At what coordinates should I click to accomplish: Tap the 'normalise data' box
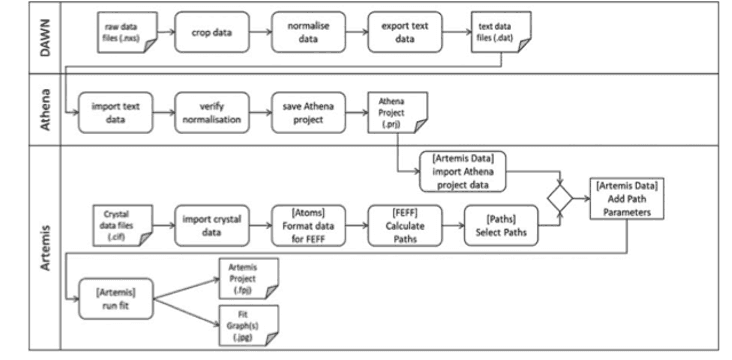[308, 32]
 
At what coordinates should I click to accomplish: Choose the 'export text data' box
[405, 32]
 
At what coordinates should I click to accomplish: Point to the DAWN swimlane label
[45, 36]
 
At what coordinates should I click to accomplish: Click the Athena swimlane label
[45, 109]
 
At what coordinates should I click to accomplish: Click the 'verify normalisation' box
[210, 110]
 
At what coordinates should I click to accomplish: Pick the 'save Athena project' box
[307, 110]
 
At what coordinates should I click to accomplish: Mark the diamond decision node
[560, 197]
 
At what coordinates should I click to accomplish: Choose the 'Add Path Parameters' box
[627, 198]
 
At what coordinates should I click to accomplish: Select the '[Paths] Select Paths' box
[501, 224]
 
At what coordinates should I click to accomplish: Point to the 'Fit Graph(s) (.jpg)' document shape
[248, 327]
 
